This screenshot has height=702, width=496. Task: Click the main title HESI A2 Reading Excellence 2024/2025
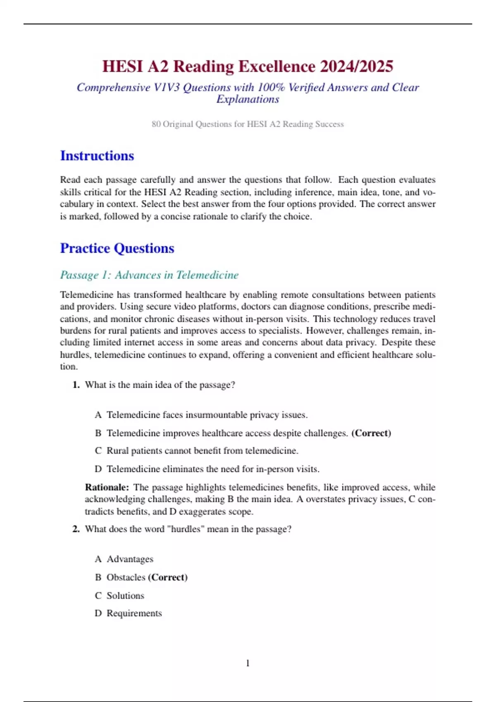point(248,66)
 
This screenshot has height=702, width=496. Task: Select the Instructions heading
point(97,156)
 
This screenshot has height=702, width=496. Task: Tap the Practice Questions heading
point(117,248)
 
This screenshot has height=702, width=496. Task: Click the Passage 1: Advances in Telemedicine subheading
point(149,275)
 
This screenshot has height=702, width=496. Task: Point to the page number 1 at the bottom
point(248,663)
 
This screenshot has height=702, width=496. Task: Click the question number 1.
point(76,385)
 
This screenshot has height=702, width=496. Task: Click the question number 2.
point(76,529)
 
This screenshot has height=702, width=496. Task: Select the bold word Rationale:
point(107,487)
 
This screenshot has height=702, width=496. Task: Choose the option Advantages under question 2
point(130,559)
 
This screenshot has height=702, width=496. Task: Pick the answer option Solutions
point(125,595)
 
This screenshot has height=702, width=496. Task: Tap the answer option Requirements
point(134,613)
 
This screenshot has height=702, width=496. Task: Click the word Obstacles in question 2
point(126,577)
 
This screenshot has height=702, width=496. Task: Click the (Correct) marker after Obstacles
point(168,577)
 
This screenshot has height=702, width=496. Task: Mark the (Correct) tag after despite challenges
point(371,433)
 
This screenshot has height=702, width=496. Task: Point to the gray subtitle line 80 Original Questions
point(248,124)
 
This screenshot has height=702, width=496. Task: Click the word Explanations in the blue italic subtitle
point(248,99)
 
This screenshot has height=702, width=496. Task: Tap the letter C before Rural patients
point(98,451)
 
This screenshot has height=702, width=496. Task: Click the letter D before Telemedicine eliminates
point(98,469)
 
